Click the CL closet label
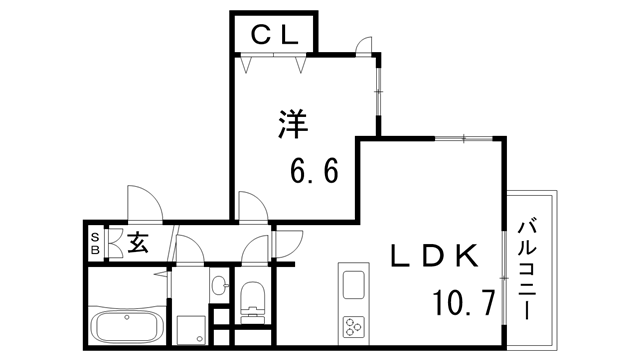273,35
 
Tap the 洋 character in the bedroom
291,127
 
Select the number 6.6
315,170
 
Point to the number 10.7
463,300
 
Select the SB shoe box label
95,243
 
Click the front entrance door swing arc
142,201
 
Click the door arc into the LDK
288,241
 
